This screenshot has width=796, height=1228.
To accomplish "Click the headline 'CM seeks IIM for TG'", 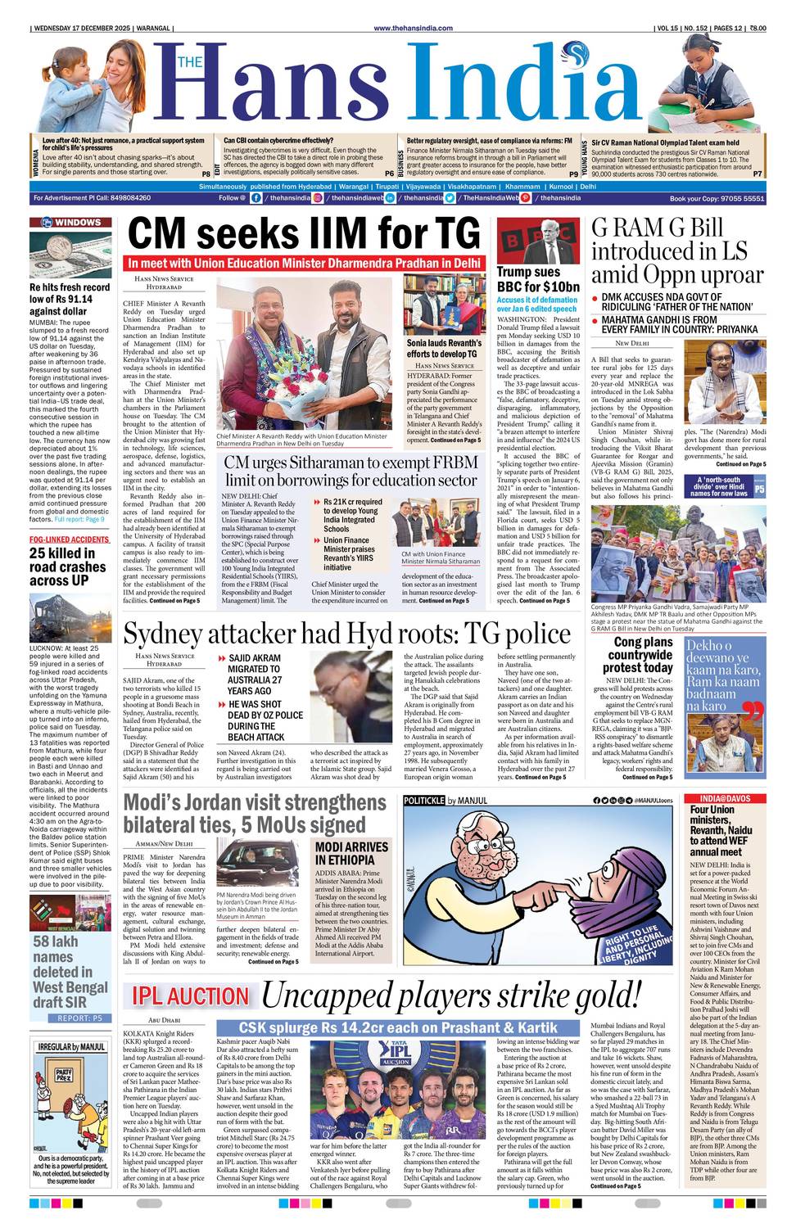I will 304,233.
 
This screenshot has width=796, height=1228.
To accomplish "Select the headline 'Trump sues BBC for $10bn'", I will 538,279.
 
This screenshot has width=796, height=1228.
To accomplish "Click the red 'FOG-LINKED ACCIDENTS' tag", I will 70,540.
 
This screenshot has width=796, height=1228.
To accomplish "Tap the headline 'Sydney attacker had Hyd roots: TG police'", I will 346,634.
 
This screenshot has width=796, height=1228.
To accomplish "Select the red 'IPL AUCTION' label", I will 191,995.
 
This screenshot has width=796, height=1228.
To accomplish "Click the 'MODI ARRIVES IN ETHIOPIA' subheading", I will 351,853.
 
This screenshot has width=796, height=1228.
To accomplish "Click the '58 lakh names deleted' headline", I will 70,972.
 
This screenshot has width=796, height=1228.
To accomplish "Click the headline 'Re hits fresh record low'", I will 70,299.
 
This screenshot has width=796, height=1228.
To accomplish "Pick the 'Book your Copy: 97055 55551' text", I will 717,198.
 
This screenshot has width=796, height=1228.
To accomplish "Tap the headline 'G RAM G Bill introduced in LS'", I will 677,251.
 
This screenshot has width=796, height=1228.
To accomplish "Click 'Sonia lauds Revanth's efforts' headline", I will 444,349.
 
